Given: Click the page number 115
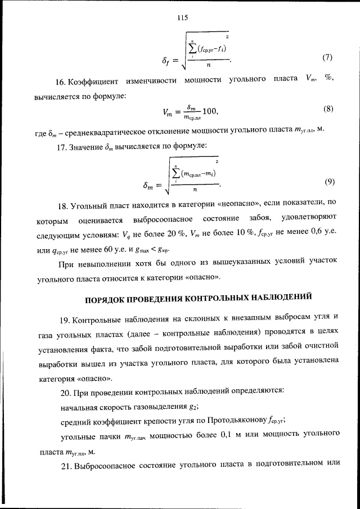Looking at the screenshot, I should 182,17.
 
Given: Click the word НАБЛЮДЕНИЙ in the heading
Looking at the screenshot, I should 277,297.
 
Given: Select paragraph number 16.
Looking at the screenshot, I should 65,78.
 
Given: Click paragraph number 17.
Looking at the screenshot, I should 65,147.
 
